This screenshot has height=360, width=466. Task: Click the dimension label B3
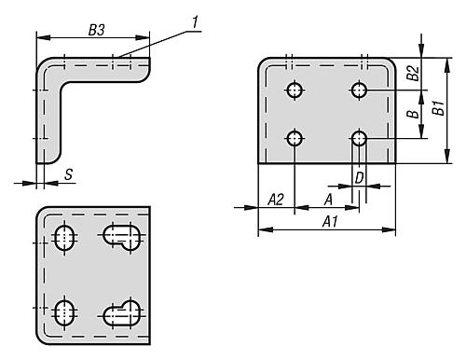click(97, 30)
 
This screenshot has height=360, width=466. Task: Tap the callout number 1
click(195, 22)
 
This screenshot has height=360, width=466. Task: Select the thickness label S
click(69, 174)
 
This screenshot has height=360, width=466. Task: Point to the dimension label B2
click(414, 74)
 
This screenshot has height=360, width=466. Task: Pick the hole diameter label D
click(359, 178)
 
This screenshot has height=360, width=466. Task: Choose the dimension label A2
click(276, 200)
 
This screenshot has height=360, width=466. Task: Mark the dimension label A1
click(330, 222)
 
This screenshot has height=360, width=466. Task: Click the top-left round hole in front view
click(295, 90)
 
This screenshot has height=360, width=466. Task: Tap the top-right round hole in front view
click(359, 90)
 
